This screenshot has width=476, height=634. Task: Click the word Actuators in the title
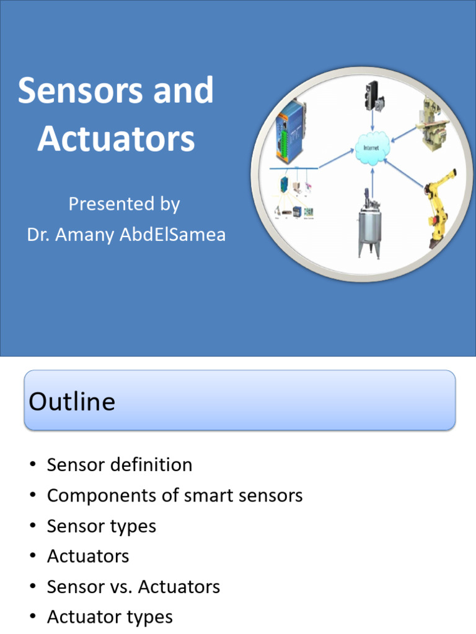pos(116,139)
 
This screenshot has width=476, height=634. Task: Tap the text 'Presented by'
pos(124,204)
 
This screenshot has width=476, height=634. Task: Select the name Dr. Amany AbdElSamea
pos(126,235)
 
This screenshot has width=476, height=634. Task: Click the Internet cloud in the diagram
pos(371,149)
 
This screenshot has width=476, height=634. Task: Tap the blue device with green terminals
pos(290,134)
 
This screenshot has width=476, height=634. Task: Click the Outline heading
pos(72,402)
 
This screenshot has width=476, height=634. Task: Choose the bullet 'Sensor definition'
pos(120,465)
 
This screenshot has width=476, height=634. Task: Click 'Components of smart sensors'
pos(175,495)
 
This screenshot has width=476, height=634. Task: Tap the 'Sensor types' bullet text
pos(102,526)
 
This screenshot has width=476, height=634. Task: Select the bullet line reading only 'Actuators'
pos(88,556)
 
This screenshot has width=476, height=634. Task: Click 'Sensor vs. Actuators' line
pos(133,586)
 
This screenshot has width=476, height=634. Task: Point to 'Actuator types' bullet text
pos(110,617)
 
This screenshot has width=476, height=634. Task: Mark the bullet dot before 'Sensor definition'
pos(33,466)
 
